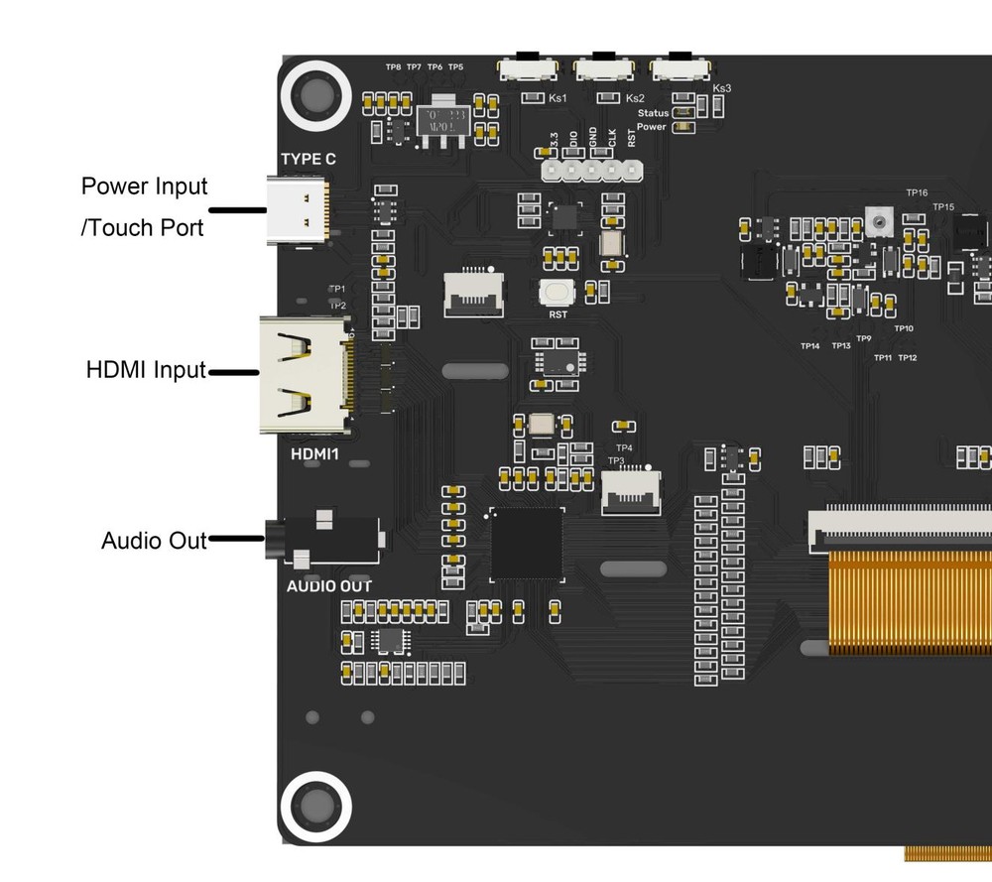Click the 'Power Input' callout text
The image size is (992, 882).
(x=145, y=187)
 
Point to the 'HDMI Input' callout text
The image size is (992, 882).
(x=146, y=371)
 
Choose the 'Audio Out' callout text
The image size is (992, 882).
(x=154, y=541)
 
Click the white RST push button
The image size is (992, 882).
(x=558, y=292)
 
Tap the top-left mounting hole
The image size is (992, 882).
(x=316, y=95)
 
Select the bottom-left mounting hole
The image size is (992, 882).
(x=316, y=804)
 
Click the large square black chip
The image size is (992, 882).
(x=527, y=544)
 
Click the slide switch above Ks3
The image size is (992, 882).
(x=681, y=67)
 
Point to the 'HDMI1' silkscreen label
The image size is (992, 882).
(x=316, y=454)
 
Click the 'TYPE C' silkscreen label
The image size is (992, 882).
(x=308, y=160)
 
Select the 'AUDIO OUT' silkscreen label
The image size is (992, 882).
(x=329, y=586)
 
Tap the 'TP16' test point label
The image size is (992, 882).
(x=916, y=192)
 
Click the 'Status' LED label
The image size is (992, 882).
(x=653, y=113)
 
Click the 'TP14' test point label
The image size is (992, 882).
(x=810, y=346)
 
